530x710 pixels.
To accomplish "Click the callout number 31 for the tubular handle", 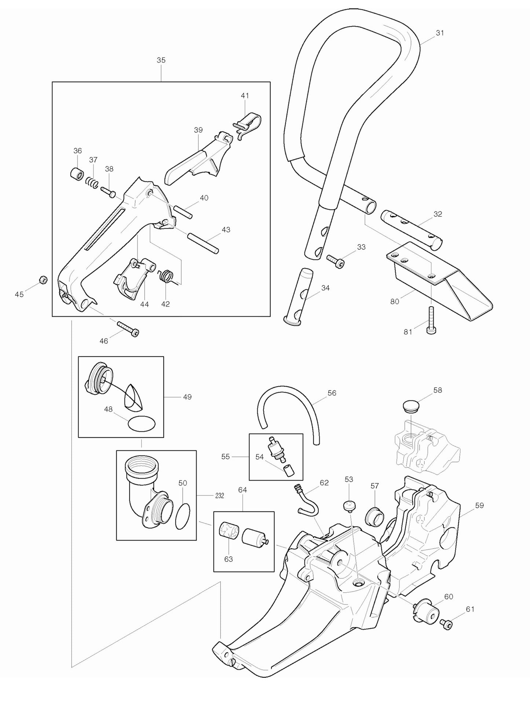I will coord(440,33).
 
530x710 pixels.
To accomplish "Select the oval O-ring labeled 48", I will coord(141,424).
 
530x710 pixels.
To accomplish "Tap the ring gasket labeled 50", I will coord(183,516).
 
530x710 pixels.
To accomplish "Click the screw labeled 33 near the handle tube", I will coord(335,261).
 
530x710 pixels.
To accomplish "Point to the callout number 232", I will coord(219,495).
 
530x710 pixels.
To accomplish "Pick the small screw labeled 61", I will coord(447,623).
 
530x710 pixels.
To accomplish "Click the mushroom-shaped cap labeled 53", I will coord(350,506).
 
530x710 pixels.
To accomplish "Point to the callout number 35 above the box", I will coord(161,60).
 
